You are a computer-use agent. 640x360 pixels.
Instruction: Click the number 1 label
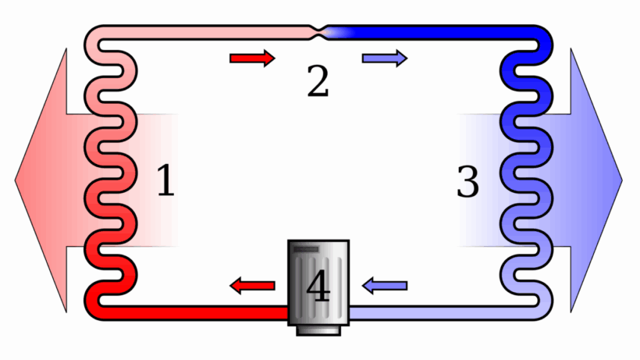pyautogui.click(x=165, y=180)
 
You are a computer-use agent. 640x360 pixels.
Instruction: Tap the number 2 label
pyautogui.click(x=317, y=81)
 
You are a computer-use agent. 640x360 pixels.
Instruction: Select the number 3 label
pyautogui.click(x=467, y=181)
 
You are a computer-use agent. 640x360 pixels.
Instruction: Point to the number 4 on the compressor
pyautogui.click(x=318, y=287)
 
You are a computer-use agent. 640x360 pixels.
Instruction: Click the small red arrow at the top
pyautogui.click(x=252, y=58)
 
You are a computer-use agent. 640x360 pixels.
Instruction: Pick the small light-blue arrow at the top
pyautogui.click(x=384, y=58)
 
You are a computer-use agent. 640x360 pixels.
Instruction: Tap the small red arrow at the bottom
pyautogui.click(x=252, y=287)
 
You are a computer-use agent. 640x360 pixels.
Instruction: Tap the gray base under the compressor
pyautogui.click(x=318, y=330)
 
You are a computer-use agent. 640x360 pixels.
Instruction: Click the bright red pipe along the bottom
pyautogui.click(x=195, y=312)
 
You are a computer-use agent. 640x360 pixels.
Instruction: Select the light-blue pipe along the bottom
pyautogui.click(x=437, y=312)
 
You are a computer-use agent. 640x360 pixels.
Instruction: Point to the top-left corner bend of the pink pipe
pyautogui.click(x=94, y=36)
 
